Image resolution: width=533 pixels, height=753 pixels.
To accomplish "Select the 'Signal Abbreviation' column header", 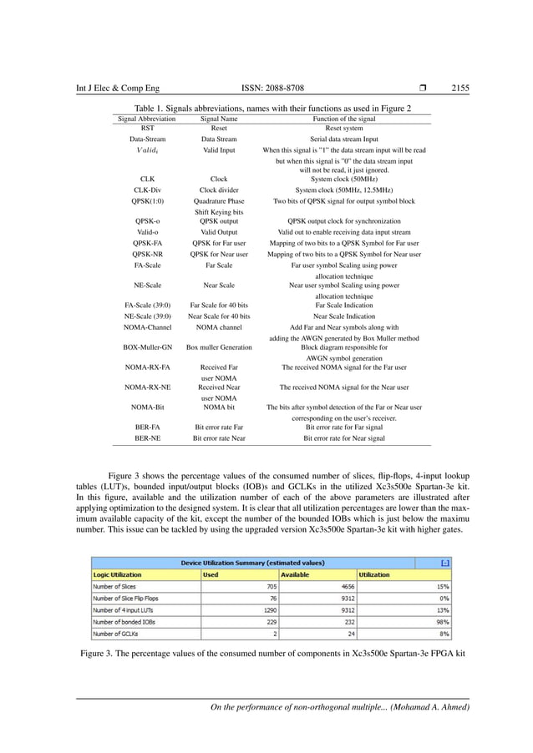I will pyautogui.click(x=147, y=119).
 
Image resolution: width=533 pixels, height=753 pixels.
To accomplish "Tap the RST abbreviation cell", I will pyautogui.click(x=147, y=129).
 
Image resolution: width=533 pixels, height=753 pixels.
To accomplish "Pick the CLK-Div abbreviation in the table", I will pyautogui.click(x=147, y=190).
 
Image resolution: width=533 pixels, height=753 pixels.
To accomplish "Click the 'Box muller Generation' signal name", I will pyautogui.click(x=219, y=345).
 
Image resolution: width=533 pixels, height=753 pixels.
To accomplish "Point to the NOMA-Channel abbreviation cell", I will pyautogui.click(x=147, y=328).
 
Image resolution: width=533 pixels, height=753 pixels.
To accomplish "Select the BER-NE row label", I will pyautogui.click(x=147, y=437).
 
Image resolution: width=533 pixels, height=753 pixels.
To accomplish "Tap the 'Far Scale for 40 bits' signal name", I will pyautogui.click(x=219, y=306).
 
